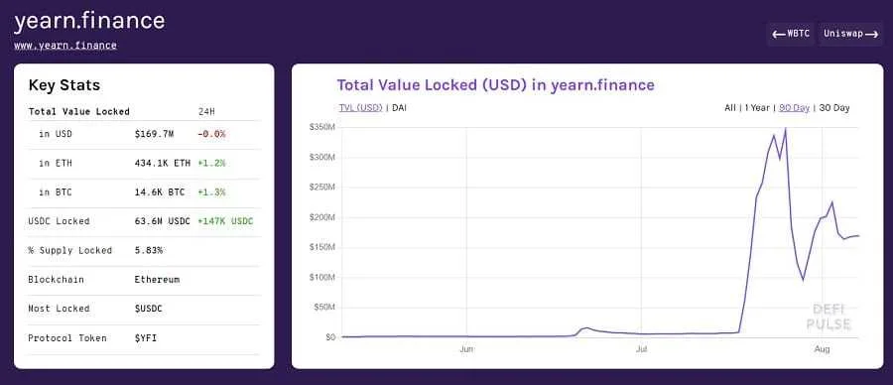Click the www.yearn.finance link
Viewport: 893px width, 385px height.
point(64,45)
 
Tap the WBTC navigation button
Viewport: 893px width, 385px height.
point(791,34)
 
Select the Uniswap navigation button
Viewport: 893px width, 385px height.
point(850,34)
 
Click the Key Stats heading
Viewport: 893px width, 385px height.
point(64,85)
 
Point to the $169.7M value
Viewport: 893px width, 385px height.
point(155,133)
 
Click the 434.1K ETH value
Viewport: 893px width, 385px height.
point(162,163)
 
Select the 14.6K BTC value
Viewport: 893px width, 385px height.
point(159,192)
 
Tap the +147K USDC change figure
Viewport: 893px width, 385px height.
point(225,221)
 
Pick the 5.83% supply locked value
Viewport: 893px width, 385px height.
point(149,250)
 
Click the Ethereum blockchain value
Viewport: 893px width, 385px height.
point(157,280)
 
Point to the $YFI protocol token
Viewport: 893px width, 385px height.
point(146,338)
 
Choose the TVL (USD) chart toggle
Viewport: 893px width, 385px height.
point(360,107)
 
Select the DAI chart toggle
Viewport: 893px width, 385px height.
point(399,107)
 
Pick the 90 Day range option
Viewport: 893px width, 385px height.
point(794,107)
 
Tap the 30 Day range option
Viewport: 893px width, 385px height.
point(833,107)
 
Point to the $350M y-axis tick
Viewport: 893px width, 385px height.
point(322,127)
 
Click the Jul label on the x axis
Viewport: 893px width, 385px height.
point(642,349)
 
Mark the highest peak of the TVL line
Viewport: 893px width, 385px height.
point(785,128)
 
